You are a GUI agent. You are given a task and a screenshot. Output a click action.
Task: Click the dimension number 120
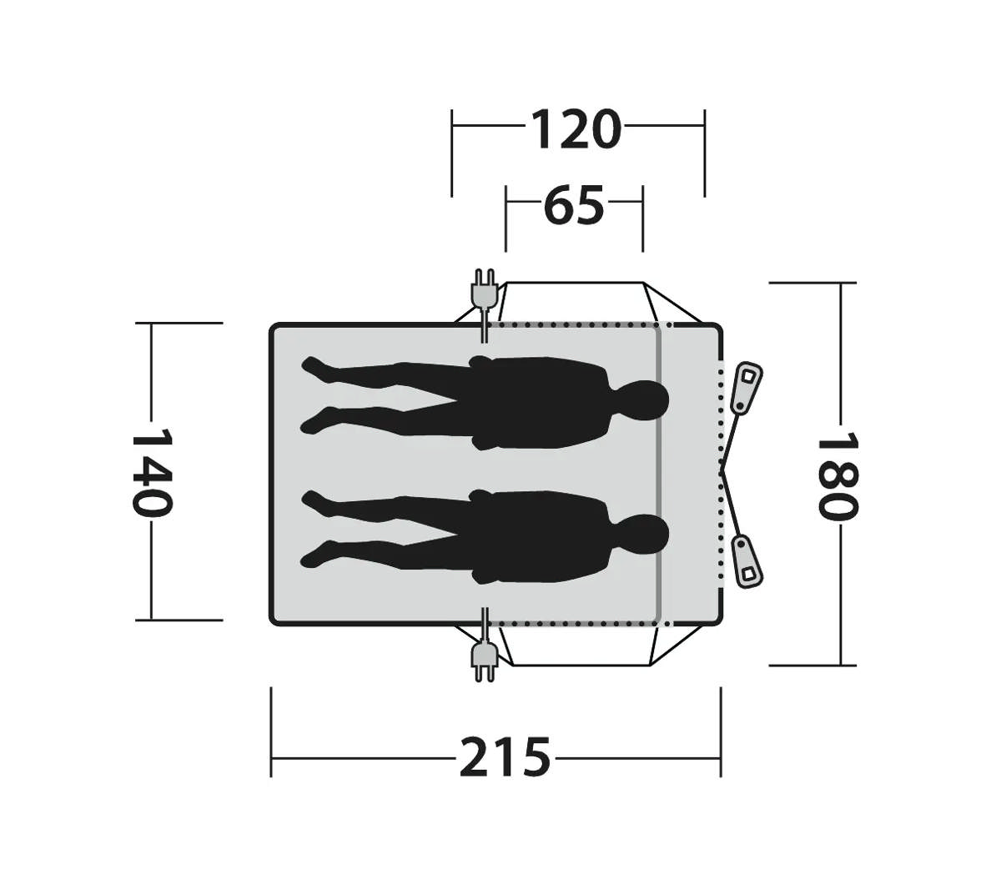tap(575, 129)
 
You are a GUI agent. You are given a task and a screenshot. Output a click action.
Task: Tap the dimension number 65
tap(574, 204)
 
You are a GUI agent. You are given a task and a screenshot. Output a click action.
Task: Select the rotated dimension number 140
tap(152, 471)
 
